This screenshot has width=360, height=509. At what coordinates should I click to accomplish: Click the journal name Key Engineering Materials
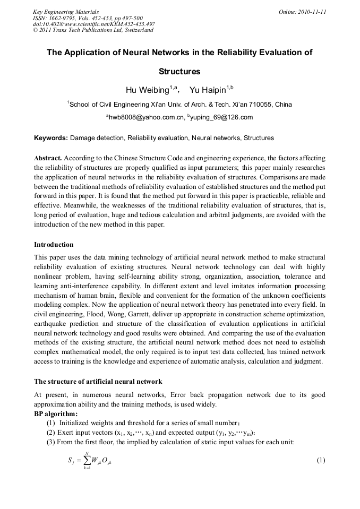(66, 12)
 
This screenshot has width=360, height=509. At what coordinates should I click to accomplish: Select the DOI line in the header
(93, 24)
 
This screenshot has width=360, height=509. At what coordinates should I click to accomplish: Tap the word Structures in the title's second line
(179, 71)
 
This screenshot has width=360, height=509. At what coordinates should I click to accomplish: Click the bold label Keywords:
(51, 138)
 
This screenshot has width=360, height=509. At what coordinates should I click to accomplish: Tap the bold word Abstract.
(48, 158)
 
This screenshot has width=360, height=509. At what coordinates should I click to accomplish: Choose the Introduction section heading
(54, 245)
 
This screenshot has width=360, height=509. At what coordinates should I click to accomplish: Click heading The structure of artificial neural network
(98, 382)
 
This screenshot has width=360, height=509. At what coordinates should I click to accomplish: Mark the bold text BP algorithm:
(56, 413)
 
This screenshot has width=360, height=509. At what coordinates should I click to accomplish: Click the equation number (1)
(321, 460)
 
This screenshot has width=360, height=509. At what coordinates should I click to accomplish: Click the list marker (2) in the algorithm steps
(51, 433)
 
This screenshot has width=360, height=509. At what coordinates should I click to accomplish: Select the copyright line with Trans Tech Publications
(93, 30)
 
